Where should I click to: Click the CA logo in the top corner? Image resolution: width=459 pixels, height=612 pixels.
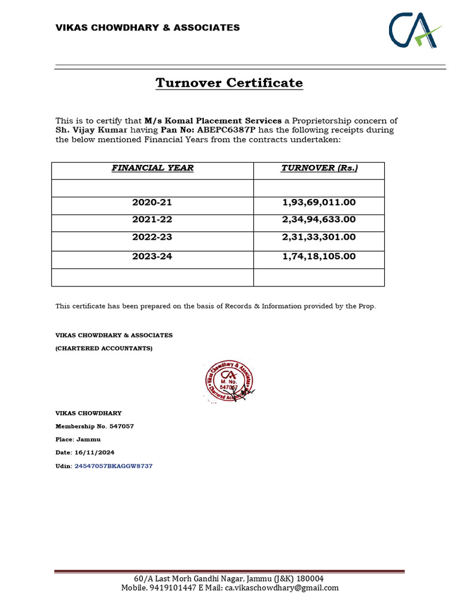click(415, 30)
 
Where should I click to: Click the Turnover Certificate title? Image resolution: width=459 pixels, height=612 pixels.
click(229, 83)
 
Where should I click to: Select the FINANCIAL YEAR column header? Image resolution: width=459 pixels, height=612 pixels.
click(152, 168)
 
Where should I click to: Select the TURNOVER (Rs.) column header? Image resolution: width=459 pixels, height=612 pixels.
click(319, 168)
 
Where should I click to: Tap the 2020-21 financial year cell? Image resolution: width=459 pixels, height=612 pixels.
click(152, 203)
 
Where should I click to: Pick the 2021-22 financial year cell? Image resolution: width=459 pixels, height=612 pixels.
click(152, 220)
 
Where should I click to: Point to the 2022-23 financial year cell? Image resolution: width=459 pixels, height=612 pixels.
click(152, 237)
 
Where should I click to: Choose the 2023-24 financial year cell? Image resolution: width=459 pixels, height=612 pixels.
click(152, 256)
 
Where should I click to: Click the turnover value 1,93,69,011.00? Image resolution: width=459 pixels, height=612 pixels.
click(319, 203)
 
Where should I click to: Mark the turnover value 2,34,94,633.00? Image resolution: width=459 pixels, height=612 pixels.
click(319, 220)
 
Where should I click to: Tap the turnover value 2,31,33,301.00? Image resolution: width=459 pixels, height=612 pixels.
click(319, 237)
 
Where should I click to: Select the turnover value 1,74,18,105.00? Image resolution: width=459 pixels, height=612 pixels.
click(319, 256)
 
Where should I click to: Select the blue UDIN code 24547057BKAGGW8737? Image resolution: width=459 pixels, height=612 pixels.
click(114, 466)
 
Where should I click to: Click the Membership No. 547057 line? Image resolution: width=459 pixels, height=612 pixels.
click(94, 426)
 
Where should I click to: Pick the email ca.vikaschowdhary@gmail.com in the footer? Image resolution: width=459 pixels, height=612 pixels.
click(281, 587)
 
